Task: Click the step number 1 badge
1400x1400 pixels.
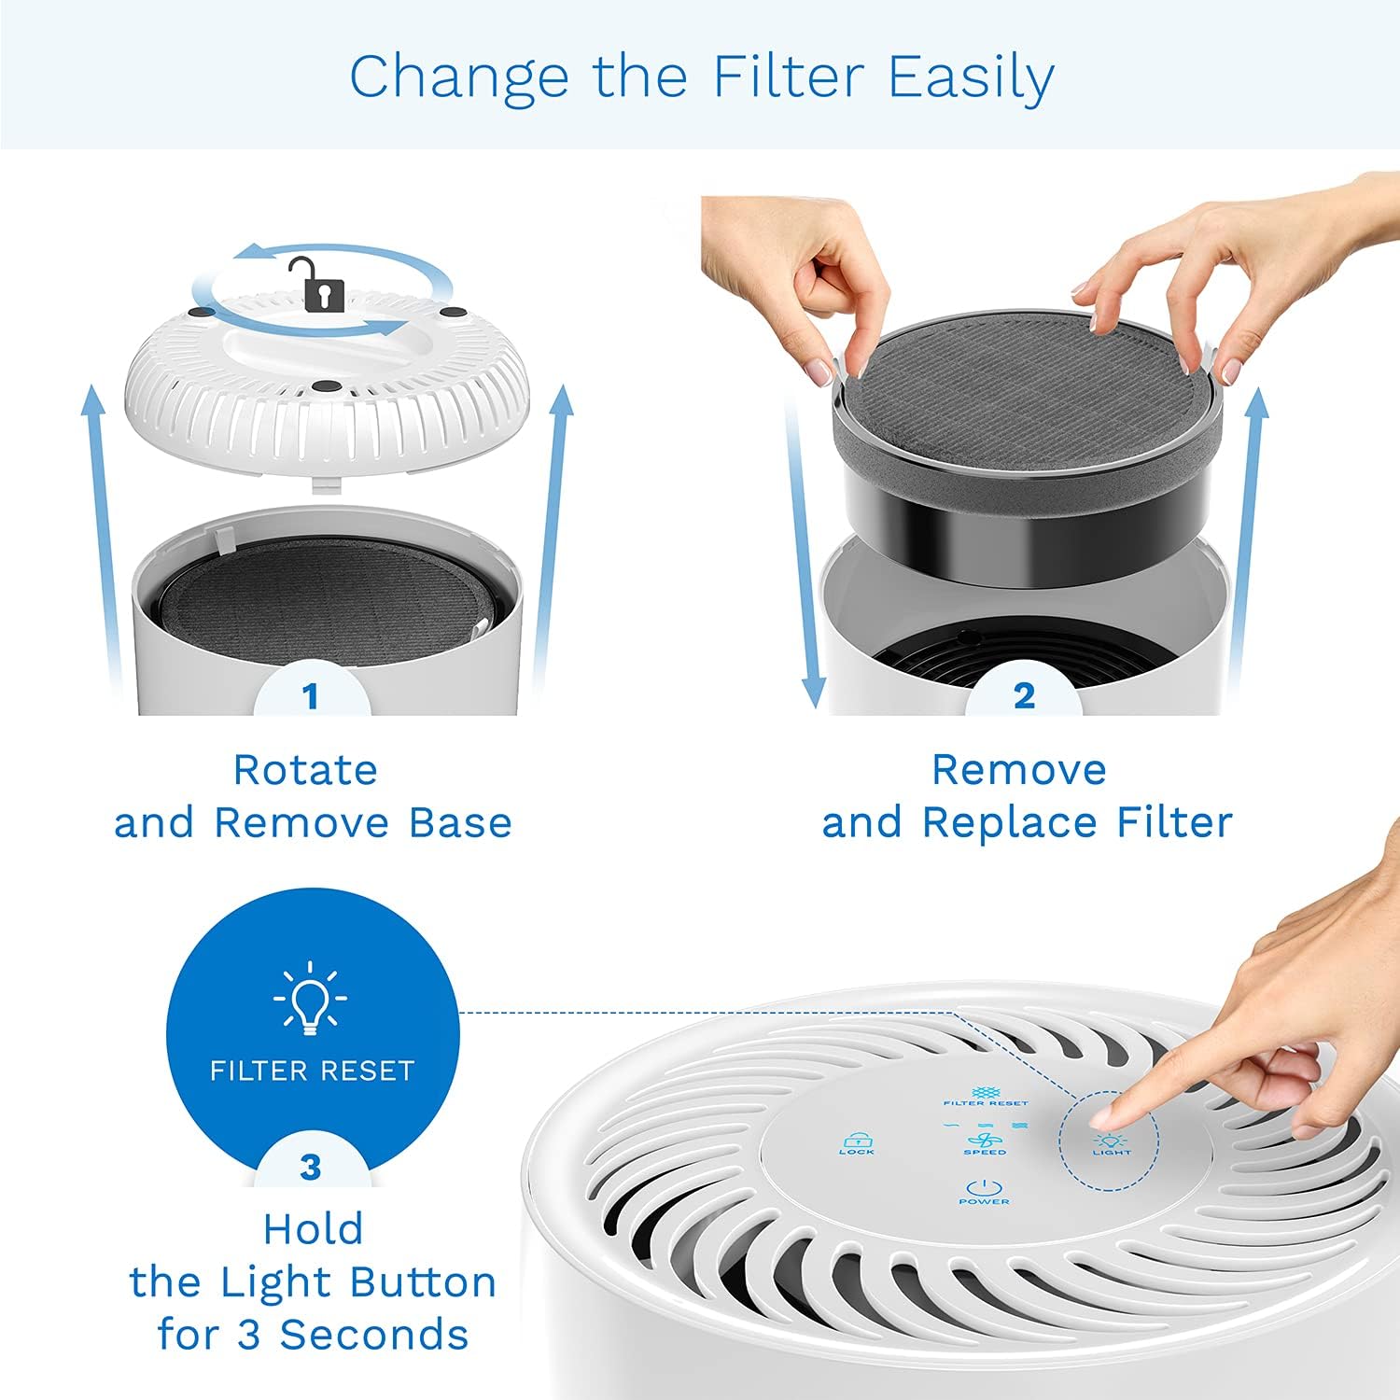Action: click(x=311, y=696)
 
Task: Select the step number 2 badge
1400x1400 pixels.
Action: click(x=1024, y=696)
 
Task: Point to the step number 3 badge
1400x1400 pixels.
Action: click(x=311, y=1168)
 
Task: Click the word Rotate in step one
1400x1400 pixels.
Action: click(x=305, y=771)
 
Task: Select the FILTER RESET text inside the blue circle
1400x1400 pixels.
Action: click(x=312, y=1071)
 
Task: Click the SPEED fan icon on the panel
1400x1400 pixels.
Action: click(x=985, y=1141)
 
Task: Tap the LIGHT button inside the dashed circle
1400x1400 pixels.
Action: click(x=1110, y=1143)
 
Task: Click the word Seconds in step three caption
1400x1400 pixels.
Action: click(x=374, y=1335)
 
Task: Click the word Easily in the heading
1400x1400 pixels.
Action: click(x=971, y=78)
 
